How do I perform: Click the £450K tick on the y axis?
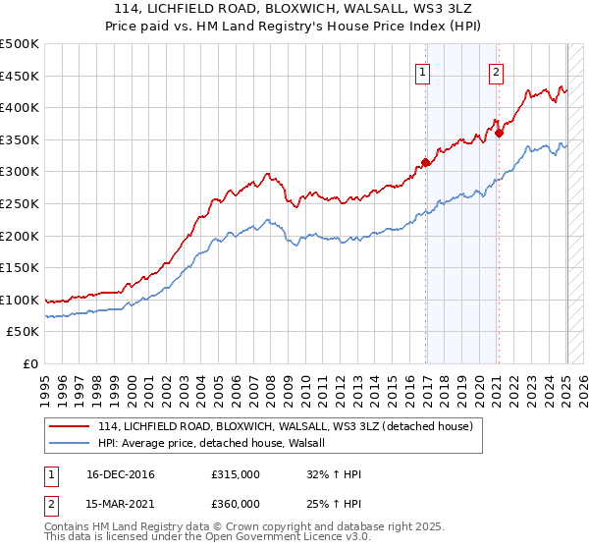20,76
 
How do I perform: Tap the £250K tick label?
20,203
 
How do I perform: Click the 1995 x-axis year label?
45,383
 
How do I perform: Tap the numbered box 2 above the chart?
497,71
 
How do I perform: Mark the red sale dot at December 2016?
425,162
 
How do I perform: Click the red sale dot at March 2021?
499,134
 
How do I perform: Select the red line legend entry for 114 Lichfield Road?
285,426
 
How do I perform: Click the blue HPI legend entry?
217,444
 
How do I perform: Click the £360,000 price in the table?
236,504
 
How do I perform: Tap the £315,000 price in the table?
236,475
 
